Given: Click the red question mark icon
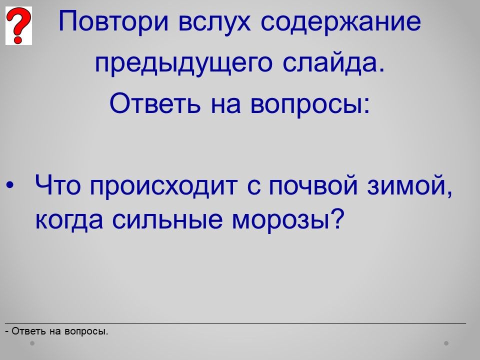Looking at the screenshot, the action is click(18, 25).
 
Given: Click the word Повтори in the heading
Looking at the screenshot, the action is click(113, 21).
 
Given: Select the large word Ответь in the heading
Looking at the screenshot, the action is click(155, 103).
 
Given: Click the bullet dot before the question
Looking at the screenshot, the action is click(10, 185).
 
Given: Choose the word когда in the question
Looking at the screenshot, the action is click(69, 219).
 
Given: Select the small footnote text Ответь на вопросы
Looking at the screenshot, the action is click(60, 331).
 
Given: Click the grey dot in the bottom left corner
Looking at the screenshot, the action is click(32, 343).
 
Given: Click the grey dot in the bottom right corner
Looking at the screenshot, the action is click(446, 343).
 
